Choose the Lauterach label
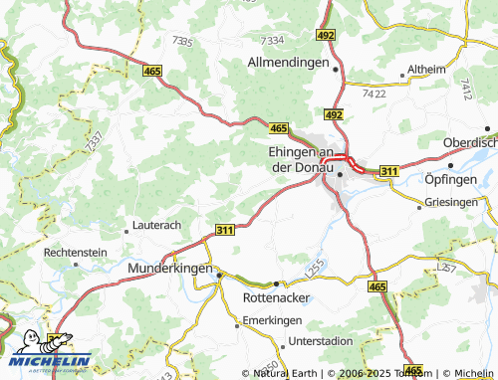(x=156, y=226)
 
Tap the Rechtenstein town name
(x=75, y=253)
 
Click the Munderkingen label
(x=170, y=269)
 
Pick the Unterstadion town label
(x=293, y=341)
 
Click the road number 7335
(x=182, y=40)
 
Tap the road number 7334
(x=271, y=40)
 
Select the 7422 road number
(x=375, y=93)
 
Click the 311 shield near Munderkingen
(x=225, y=230)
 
